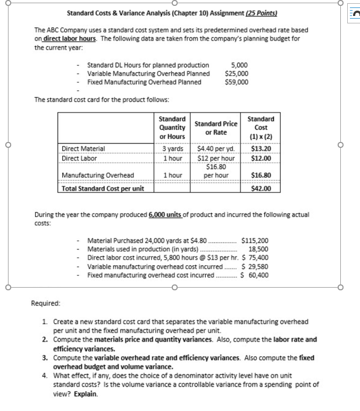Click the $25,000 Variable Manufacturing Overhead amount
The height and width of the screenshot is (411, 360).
tap(237, 73)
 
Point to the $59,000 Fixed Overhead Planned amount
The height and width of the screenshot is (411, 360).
tap(237, 82)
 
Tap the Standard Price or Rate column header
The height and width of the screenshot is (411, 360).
tap(216, 128)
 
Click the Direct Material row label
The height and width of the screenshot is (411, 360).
tap(83, 149)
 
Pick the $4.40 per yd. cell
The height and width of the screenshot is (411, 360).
tap(216, 149)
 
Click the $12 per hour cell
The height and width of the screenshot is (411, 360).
tap(216, 158)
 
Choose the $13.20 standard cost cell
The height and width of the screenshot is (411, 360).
tap(261, 149)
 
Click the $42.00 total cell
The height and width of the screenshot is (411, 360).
tap(261, 188)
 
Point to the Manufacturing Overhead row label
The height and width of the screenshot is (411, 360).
tap(98, 175)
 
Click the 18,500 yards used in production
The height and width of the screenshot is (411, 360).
tap(258, 248)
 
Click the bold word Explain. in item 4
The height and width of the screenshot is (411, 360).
tap(86, 394)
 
